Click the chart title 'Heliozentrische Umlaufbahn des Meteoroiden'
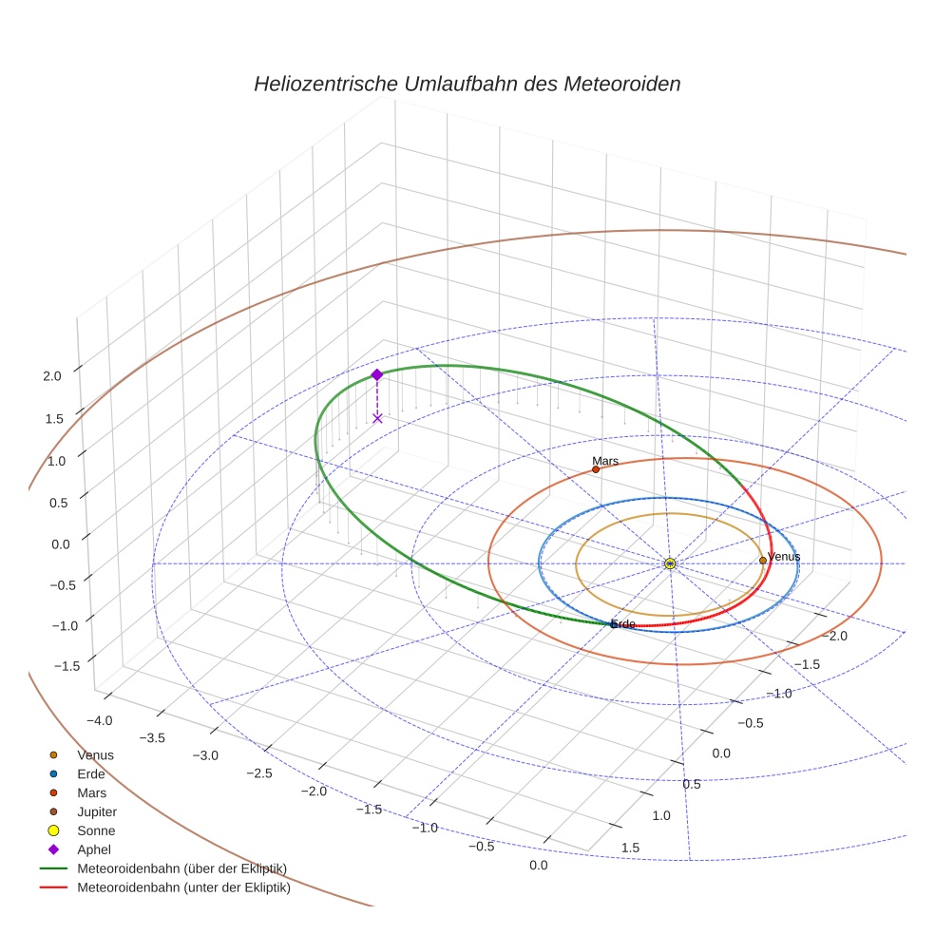tap(467, 84)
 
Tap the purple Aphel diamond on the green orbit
tap(377, 375)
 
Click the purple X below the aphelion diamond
tap(377, 418)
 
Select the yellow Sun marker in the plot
tap(670, 563)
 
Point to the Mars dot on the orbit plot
tap(596, 469)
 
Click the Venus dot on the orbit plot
tap(763, 561)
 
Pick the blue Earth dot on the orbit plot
tap(613, 624)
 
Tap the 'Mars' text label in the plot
tap(605, 461)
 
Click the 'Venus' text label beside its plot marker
tap(784, 557)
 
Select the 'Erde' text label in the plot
tap(623, 624)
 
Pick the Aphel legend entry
tap(93, 849)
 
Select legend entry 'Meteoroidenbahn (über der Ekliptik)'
tap(181, 868)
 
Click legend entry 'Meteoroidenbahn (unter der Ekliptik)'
tap(183, 889)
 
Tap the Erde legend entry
tap(91, 773)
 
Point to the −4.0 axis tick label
tap(100, 719)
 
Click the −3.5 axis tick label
tap(153, 737)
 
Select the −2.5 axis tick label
tap(259, 773)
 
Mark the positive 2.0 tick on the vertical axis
tap(52, 376)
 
